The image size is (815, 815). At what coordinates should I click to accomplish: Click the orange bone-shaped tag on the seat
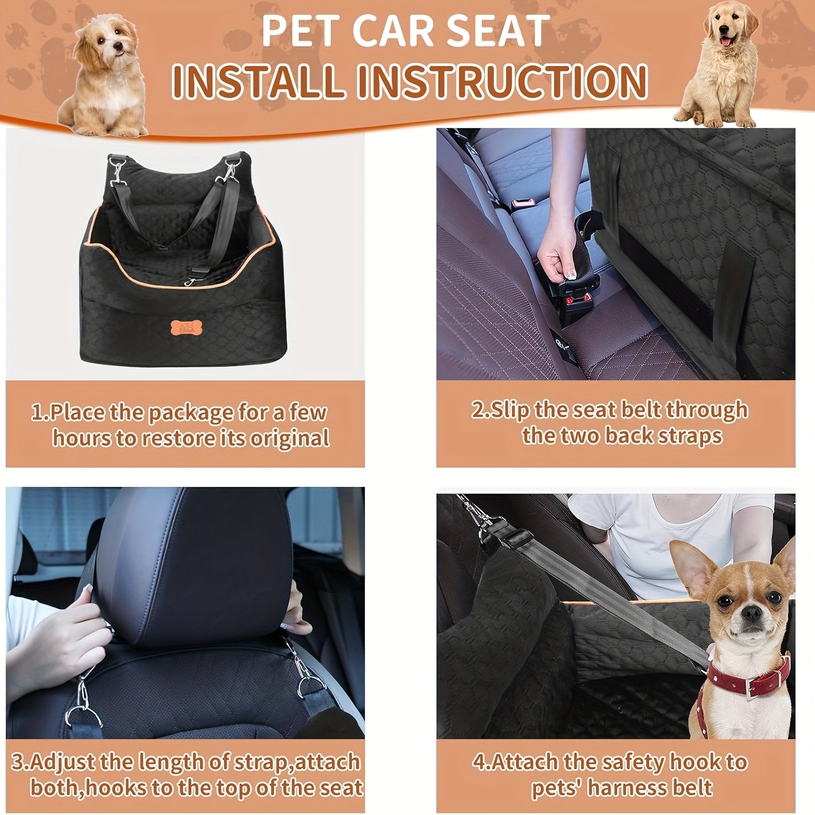pos(183,327)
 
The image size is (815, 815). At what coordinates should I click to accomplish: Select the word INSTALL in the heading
pos(258,81)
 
